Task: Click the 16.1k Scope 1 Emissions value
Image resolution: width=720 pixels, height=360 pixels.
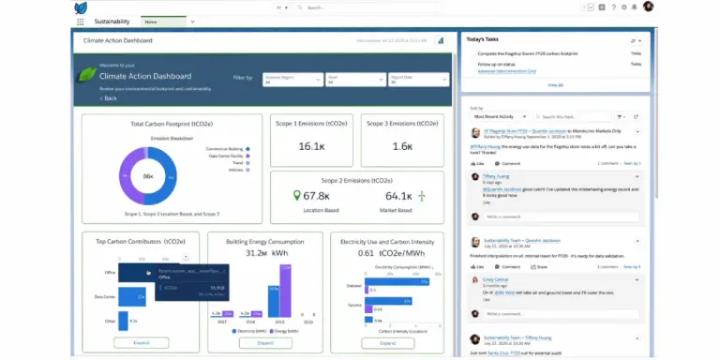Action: [x=310, y=146]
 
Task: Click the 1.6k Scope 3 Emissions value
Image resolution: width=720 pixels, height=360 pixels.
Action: [x=402, y=146]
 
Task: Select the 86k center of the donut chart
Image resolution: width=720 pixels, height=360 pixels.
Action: [x=148, y=176]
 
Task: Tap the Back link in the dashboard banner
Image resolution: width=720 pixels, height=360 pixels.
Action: [x=110, y=98]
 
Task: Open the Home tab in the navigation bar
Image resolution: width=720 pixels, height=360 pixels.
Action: [x=154, y=20]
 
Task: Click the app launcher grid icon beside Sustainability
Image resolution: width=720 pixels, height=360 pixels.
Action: [x=81, y=20]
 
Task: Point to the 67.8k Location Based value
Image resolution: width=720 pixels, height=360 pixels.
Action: [x=316, y=196]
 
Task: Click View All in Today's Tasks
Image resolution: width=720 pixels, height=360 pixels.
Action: [x=555, y=84]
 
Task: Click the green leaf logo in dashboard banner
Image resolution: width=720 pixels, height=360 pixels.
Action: [x=87, y=76]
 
